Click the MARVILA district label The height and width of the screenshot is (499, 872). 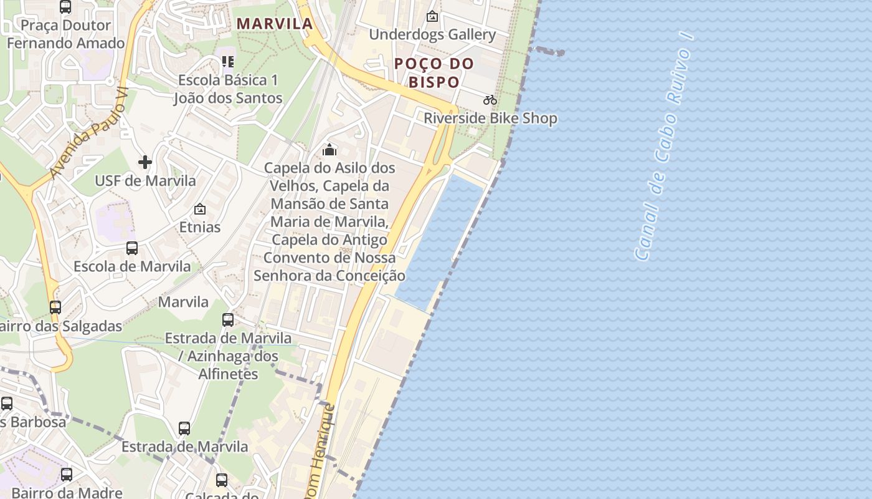(275, 24)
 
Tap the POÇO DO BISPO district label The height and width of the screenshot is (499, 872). (434, 72)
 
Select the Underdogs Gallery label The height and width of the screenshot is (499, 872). (432, 34)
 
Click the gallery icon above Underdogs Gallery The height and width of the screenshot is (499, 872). (432, 16)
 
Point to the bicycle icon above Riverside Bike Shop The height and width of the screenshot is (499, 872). (490, 100)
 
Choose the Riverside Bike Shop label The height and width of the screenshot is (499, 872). (490, 118)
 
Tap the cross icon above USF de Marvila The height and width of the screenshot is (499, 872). (145, 163)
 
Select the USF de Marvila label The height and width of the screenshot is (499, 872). (145, 181)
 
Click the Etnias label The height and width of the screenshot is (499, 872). (200, 227)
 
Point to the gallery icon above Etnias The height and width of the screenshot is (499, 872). (200, 209)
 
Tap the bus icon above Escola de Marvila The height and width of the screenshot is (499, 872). (132, 248)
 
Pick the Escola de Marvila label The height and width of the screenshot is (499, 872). (132, 266)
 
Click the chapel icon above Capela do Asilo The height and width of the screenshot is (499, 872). (329, 150)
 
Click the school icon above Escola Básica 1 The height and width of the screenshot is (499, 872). (228, 62)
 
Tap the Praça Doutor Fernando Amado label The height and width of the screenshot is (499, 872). (66, 34)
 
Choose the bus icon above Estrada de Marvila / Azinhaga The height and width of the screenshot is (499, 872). (228, 320)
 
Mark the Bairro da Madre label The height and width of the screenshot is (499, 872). (58, 492)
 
